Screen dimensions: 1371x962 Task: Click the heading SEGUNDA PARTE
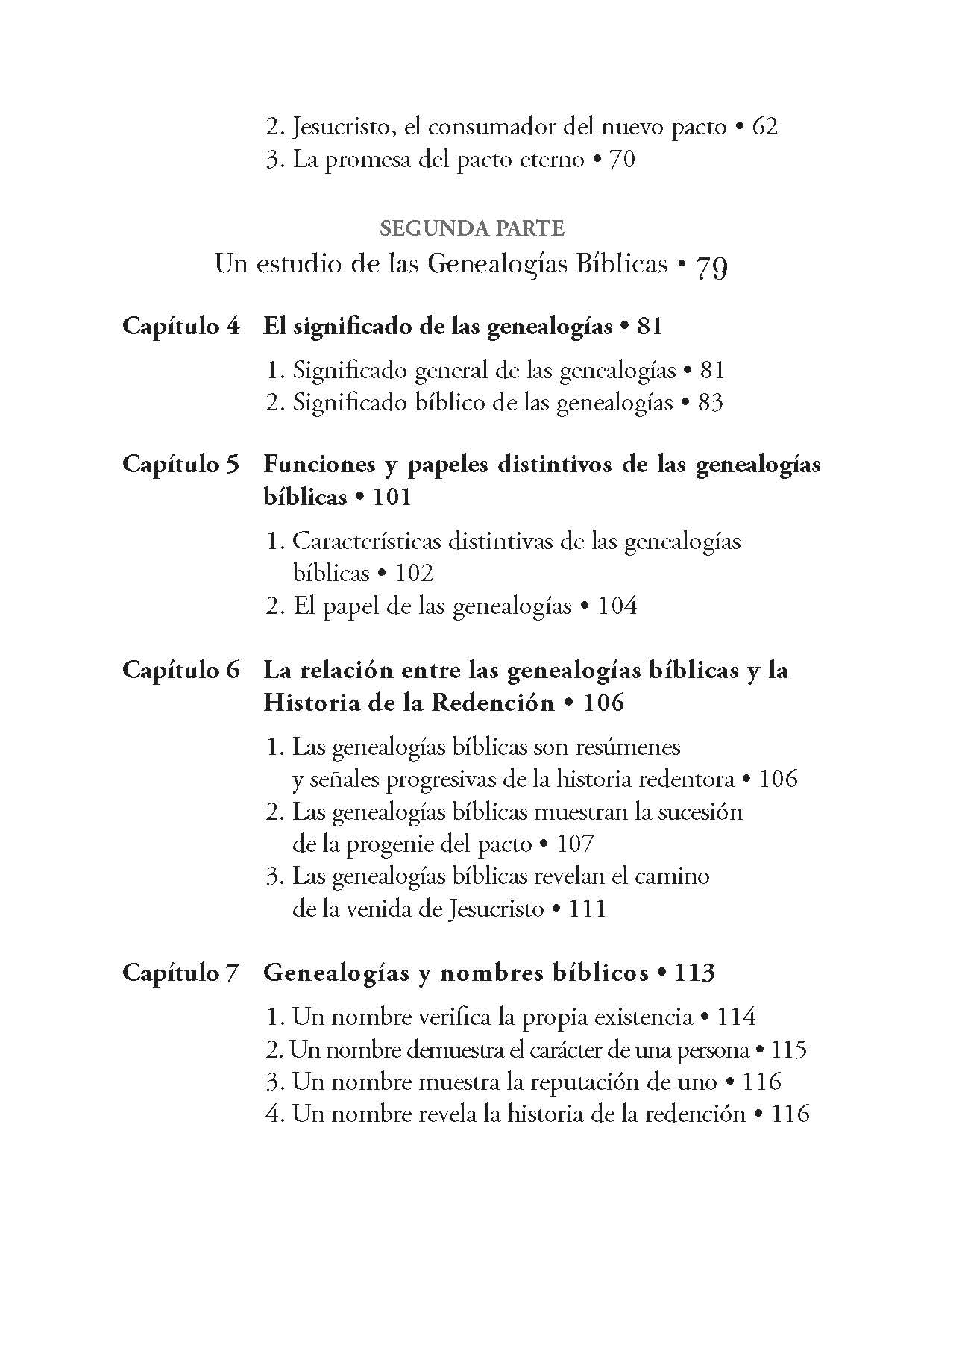click(x=471, y=228)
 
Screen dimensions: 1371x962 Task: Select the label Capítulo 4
click(x=181, y=327)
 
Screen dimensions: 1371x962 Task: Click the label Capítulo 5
click(x=181, y=465)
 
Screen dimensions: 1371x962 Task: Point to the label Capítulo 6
click(x=181, y=670)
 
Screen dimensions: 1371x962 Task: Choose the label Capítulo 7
click(x=181, y=973)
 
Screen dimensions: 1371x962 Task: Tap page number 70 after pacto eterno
click(x=622, y=160)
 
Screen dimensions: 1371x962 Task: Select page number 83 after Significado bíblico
click(x=710, y=404)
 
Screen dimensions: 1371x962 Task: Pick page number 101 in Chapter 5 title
click(x=392, y=498)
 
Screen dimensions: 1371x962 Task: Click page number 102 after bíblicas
click(x=414, y=574)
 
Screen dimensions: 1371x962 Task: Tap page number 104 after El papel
click(x=617, y=606)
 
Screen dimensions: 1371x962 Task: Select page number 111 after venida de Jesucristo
click(x=587, y=909)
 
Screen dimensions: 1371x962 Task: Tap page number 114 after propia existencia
click(x=735, y=1017)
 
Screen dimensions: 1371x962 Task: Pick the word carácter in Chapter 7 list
click(x=573, y=1050)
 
